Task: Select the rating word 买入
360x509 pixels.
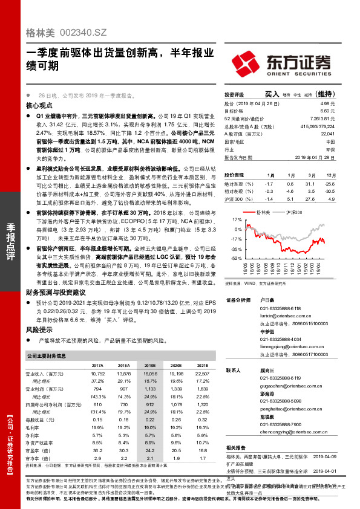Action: point(272,94)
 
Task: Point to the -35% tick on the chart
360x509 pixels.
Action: point(236,248)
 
